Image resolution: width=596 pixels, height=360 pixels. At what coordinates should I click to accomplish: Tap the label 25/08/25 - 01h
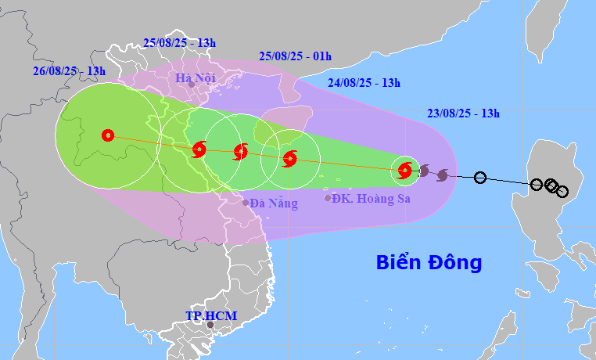pos(295,56)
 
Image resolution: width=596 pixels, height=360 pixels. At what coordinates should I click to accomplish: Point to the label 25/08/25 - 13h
pos(180,42)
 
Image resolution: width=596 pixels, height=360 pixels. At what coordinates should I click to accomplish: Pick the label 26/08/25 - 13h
pos(69,70)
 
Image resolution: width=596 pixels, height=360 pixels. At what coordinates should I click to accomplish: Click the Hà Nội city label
pos(195,77)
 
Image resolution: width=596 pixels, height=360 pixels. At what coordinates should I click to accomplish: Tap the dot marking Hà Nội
pos(191,85)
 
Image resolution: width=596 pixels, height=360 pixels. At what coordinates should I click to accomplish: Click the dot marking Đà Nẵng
pos(246,202)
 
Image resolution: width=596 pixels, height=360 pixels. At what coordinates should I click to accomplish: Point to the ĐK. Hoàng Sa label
pos(371,198)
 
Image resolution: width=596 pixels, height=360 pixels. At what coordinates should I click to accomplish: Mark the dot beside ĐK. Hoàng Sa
pos(327,198)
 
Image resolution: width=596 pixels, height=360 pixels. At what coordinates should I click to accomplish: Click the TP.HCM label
pos(211,315)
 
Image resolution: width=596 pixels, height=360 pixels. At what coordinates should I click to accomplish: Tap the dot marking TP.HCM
pos(210,324)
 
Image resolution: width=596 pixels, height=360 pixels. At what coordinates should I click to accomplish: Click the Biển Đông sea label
pos(429,262)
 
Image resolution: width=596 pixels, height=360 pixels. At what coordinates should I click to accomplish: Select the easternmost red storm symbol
pos(404,169)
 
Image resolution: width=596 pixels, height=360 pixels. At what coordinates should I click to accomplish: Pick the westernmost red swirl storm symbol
pos(199,149)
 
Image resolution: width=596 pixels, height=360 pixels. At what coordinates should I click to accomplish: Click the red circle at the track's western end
pos(108,135)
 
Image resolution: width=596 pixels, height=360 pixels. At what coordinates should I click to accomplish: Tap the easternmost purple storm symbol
pos(442,174)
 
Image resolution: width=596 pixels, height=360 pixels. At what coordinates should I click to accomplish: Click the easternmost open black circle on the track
pos(562,191)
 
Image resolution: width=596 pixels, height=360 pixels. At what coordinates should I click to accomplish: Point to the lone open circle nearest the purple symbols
pos(480,178)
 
